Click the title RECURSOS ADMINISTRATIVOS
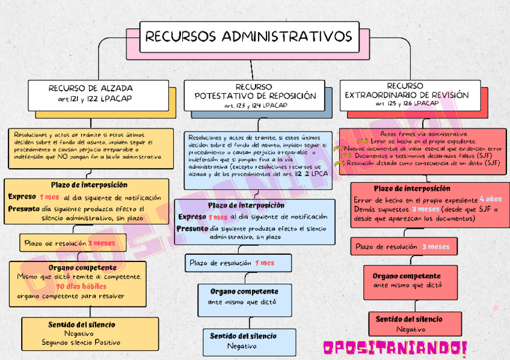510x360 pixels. point(248,36)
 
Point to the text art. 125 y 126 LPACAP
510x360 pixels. point(407,103)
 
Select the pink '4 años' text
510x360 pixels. point(490,199)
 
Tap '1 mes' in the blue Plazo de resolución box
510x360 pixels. point(264,263)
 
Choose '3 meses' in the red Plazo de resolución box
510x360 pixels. point(435,246)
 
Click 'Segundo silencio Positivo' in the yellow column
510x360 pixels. point(81,343)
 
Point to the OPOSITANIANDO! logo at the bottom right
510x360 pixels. point(395,347)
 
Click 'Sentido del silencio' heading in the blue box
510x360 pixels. point(244,336)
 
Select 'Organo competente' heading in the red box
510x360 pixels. point(407,276)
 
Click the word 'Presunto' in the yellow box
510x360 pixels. point(23,209)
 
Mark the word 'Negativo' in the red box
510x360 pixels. point(411,329)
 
